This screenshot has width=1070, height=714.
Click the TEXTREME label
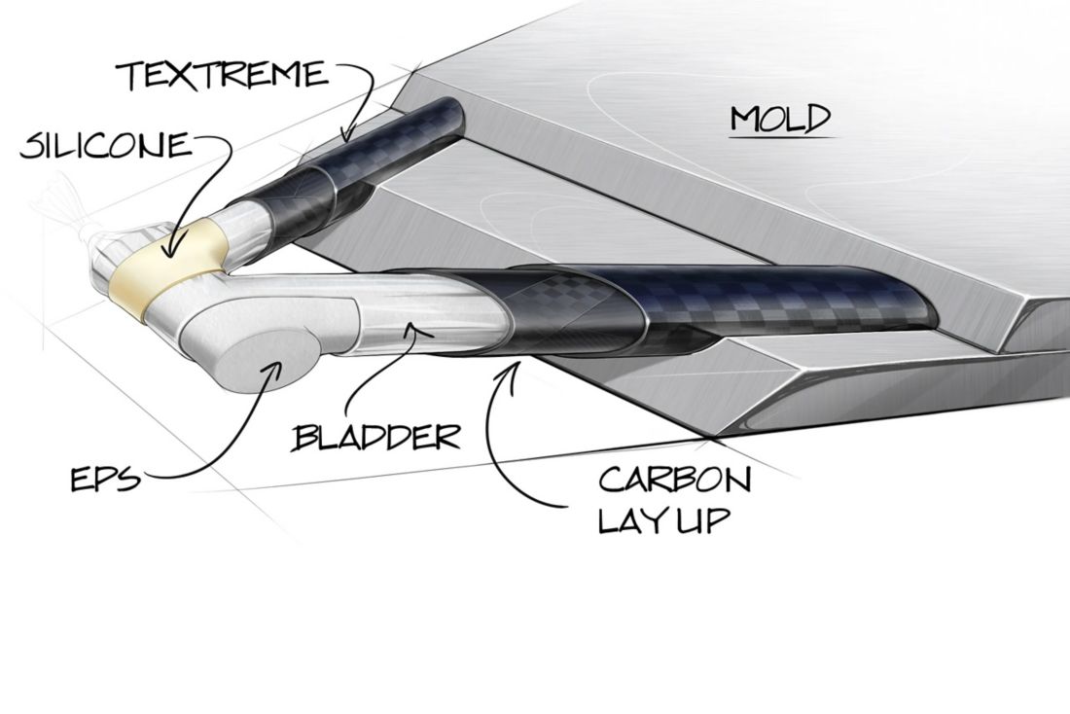tap(223, 75)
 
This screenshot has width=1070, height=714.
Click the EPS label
tap(106, 480)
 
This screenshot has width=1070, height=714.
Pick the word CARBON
tap(674, 480)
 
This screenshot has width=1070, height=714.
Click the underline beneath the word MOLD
tap(782, 138)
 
